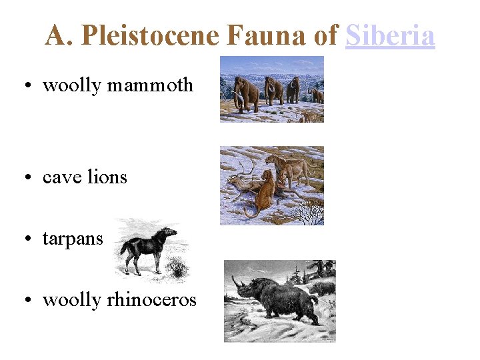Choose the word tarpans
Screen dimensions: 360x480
pyautogui.click(x=73, y=238)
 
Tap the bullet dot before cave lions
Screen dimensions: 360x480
pyautogui.click(x=31, y=178)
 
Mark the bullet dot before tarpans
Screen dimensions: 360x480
pyautogui.click(x=31, y=239)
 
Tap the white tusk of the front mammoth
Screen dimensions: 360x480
pyautogui.click(x=239, y=100)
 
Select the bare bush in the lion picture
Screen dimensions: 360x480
pyautogui.click(x=308, y=213)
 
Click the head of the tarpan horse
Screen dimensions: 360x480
pyautogui.click(x=169, y=233)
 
